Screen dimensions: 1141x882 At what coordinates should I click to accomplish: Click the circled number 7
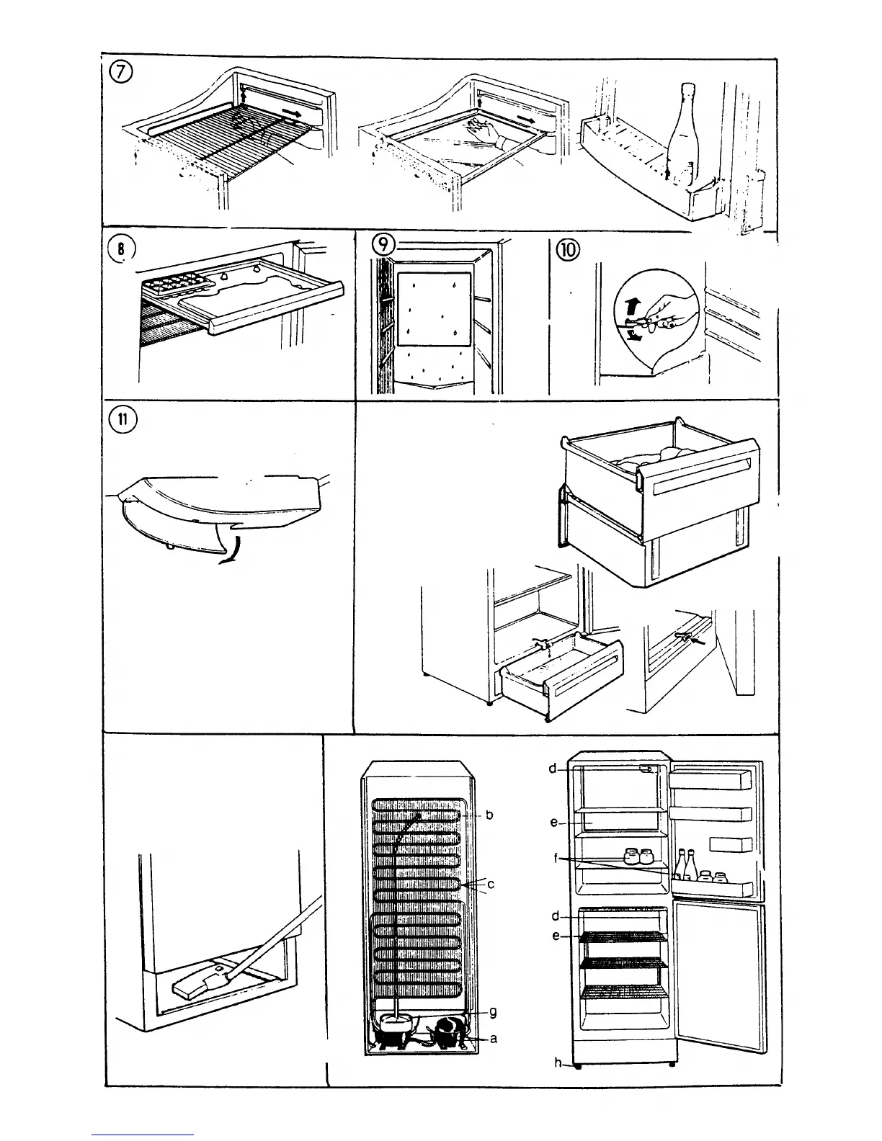pos(120,75)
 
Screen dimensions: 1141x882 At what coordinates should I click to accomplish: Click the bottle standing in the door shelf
pos(680,133)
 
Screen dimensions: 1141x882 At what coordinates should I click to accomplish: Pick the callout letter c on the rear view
pos(490,884)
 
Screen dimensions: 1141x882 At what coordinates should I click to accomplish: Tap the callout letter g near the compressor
pos(493,1012)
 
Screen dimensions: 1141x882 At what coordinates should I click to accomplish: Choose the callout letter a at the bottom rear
pos(493,1039)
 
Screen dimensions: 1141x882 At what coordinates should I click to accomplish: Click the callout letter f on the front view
pos(556,859)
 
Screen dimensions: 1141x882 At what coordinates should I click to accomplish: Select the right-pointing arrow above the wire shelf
pos(292,112)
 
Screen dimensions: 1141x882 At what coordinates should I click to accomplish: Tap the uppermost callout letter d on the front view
pos(553,769)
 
